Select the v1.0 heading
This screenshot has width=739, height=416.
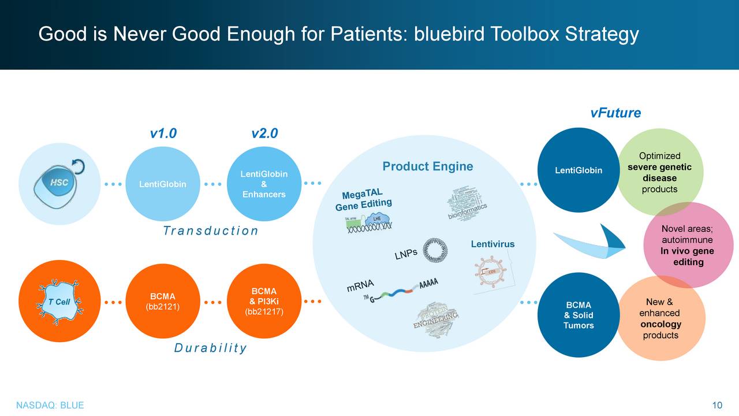pos(163,134)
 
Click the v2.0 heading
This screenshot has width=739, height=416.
pos(264,134)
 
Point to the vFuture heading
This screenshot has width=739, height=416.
pos(615,113)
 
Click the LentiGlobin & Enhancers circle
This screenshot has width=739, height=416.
pos(263,184)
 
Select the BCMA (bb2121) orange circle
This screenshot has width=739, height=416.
pos(163,302)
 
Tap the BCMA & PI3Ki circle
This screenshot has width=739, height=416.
pos(263,302)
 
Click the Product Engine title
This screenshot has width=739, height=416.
pos(427,166)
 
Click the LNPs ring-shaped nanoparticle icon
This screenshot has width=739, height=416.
pos(435,250)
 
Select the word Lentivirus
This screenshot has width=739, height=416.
pos(492,244)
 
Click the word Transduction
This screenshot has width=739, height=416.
pos(210,231)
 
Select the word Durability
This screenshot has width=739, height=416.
pos(210,348)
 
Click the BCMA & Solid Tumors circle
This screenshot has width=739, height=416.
pos(578,315)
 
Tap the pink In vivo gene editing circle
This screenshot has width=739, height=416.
pos(687,246)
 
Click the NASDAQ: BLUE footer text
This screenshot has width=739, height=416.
pos(50,405)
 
